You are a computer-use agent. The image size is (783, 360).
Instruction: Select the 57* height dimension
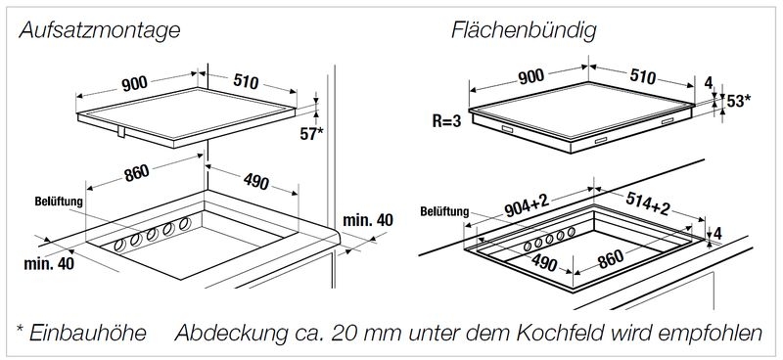tap(310, 133)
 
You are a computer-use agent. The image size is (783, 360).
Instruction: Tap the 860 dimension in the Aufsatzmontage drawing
tap(136, 173)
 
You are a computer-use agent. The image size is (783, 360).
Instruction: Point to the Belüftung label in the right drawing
tap(444, 209)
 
